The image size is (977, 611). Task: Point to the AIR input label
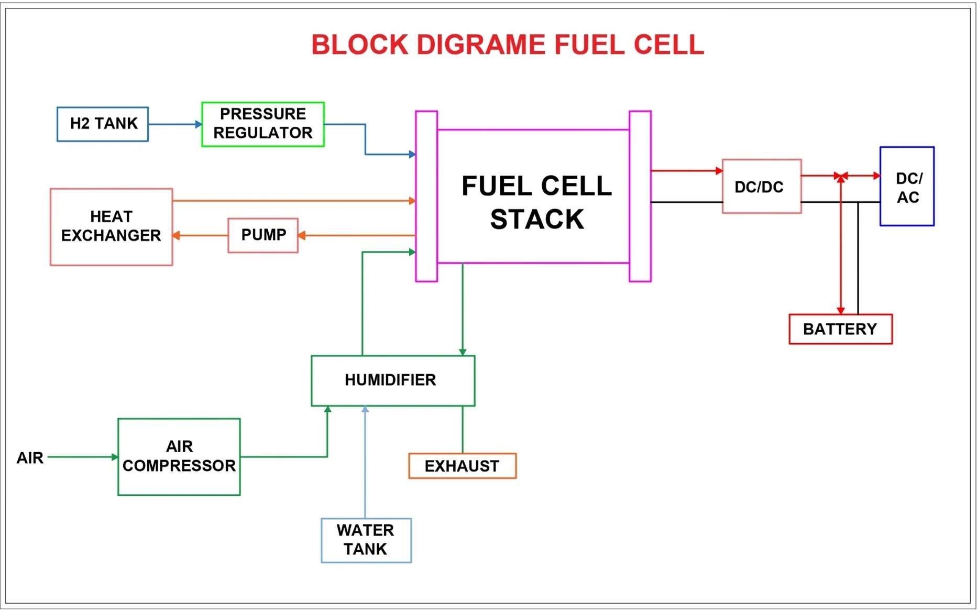point(30,458)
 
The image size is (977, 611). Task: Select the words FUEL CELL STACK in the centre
point(536,202)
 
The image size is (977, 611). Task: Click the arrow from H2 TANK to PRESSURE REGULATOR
point(175,124)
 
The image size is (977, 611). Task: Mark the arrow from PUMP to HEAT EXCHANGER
point(200,235)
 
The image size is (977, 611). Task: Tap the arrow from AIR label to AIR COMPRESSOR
point(83,457)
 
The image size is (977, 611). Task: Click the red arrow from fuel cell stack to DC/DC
point(687,170)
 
